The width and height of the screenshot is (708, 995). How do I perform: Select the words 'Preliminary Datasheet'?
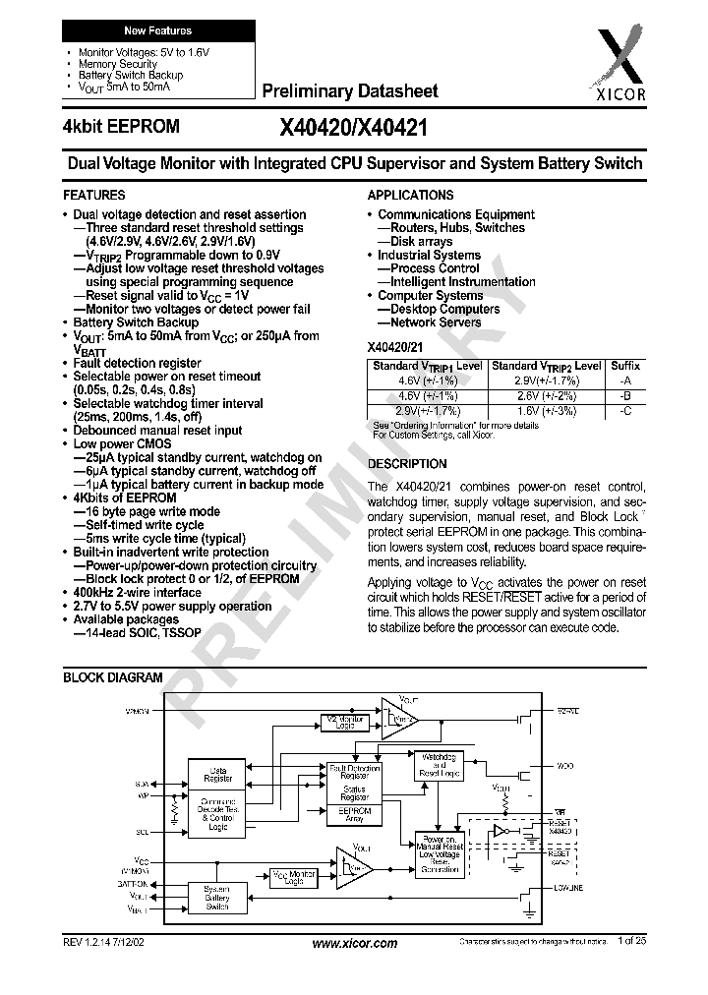click(350, 91)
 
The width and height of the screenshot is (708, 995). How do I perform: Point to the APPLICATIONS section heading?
click(410, 195)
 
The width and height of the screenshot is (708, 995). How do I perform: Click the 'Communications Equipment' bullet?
click(455, 214)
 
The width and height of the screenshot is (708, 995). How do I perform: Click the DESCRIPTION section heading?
click(407, 464)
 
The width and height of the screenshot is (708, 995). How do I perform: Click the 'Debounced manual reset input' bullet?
click(157, 431)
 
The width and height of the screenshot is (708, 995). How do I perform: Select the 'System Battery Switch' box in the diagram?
click(217, 898)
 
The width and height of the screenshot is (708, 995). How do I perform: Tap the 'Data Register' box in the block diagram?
click(217, 775)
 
